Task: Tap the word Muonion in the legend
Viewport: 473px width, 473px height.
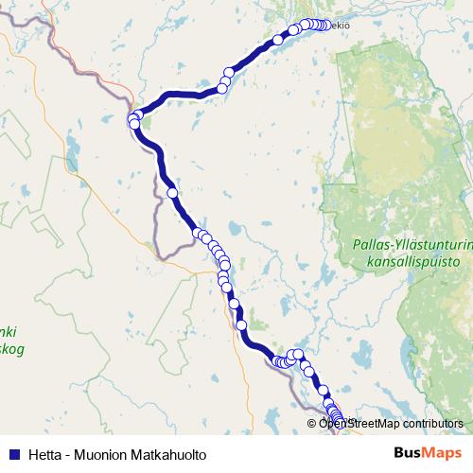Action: coord(103,455)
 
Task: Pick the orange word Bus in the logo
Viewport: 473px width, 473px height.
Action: coord(408,454)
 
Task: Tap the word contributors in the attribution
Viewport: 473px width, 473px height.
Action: coord(434,424)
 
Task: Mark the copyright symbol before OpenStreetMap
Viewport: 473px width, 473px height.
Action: coord(312,424)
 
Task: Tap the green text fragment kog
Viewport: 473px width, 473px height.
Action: coord(13,349)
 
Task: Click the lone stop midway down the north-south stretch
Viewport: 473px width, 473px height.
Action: coord(172,192)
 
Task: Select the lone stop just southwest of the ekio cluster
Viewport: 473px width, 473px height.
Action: coord(278,40)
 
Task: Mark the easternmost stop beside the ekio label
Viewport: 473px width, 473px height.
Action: coord(325,26)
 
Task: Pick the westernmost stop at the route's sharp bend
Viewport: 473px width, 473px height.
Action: coord(132,118)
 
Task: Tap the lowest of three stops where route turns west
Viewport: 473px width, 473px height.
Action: coord(222,88)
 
